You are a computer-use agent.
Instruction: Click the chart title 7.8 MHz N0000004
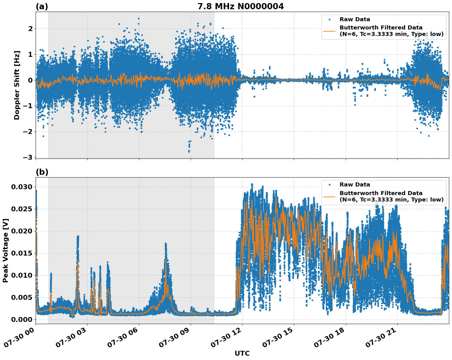[240, 6]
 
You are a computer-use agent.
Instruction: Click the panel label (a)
[42, 6]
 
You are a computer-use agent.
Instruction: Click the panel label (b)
[42, 172]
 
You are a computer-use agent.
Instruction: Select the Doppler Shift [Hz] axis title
[17, 85]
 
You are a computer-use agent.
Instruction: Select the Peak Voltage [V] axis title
[5, 250]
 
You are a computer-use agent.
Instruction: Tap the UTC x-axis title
[242, 353]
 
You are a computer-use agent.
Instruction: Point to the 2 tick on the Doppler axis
[30, 29]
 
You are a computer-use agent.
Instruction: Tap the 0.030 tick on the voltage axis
[22, 187]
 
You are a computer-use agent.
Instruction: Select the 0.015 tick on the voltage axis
[22, 253]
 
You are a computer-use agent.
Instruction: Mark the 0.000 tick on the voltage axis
[22, 319]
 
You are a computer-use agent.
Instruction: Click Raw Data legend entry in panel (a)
[355, 19]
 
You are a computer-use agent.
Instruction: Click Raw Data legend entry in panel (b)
[355, 185]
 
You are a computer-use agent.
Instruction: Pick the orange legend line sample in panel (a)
[329, 31]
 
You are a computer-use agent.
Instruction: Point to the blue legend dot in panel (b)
[329, 185]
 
